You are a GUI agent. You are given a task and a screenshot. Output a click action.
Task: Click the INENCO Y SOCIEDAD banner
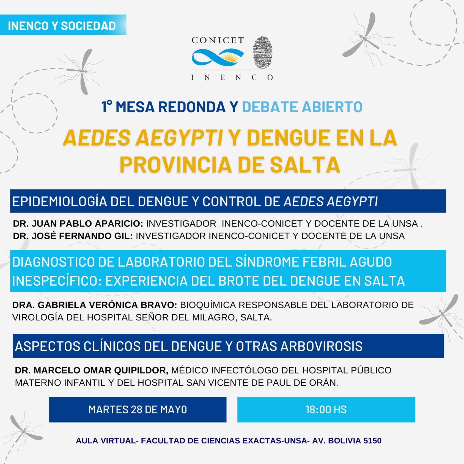(x=62, y=25)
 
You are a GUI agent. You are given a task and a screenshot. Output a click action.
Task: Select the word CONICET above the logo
(x=218, y=40)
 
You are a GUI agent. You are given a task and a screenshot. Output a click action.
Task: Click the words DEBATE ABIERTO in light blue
(x=302, y=107)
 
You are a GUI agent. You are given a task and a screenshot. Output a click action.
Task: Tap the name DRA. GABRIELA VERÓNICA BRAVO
(x=95, y=305)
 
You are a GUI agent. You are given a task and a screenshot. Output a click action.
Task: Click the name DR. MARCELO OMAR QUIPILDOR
(x=92, y=370)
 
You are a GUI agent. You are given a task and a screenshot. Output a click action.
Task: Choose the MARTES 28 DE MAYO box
(x=138, y=410)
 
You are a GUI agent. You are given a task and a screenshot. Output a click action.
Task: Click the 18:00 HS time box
(x=326, y=410)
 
